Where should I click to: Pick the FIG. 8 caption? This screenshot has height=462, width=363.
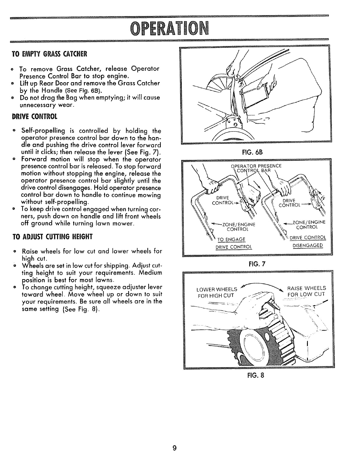tap(256, 375)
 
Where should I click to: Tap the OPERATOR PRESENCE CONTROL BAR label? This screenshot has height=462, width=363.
tap(256, 168)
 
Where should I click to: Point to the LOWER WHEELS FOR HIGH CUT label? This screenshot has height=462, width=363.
tap(217, 292)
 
